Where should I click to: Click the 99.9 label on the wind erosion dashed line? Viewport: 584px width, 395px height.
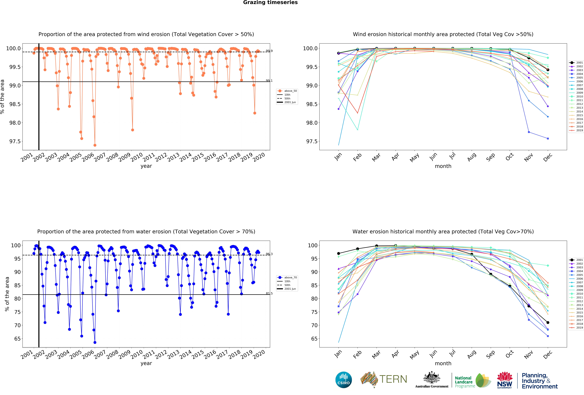pyautogui.click(x=269, y=51)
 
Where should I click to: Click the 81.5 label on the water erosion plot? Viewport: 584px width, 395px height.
pyautogui.click(x=269, y=293)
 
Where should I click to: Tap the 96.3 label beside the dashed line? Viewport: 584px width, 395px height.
pyautogui.click(x=269, y=254)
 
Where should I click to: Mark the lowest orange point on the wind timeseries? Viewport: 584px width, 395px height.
pyautogui.click(x=95, y=145)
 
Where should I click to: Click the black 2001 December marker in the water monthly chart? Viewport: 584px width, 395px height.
pyautogui.click(x=548, y=323)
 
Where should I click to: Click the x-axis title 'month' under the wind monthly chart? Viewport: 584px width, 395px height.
pyautogui.click(x=443, y=166)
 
